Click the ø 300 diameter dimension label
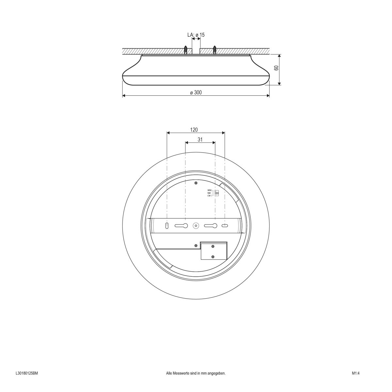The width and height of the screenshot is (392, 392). tap(196, 92)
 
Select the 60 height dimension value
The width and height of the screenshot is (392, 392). tap(276, 69)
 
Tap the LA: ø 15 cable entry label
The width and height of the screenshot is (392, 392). tap(196, 35)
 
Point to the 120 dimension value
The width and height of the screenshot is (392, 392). tap(194, 130)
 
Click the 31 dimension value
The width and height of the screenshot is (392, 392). tap(200, 139)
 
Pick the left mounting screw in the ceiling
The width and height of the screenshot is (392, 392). tap(186, 50)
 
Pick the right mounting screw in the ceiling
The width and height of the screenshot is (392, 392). tap(215, 50)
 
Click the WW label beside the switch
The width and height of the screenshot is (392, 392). tap(209, 190)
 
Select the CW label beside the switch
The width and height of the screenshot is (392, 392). tap(209, 196)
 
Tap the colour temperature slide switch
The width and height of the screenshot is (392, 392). tap(216, 193)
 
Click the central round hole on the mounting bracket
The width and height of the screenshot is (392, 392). tap(196, 225)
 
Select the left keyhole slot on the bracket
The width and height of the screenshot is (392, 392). tap(181, 225)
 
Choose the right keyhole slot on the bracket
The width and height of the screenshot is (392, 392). tap(211, 225)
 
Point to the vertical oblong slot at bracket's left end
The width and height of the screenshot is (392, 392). tap(167, 225)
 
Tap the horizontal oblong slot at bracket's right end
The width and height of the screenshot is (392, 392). tap(225, 225)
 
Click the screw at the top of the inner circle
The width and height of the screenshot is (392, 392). tap(195, 183)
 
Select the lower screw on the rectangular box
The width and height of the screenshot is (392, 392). tap(213, 257)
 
